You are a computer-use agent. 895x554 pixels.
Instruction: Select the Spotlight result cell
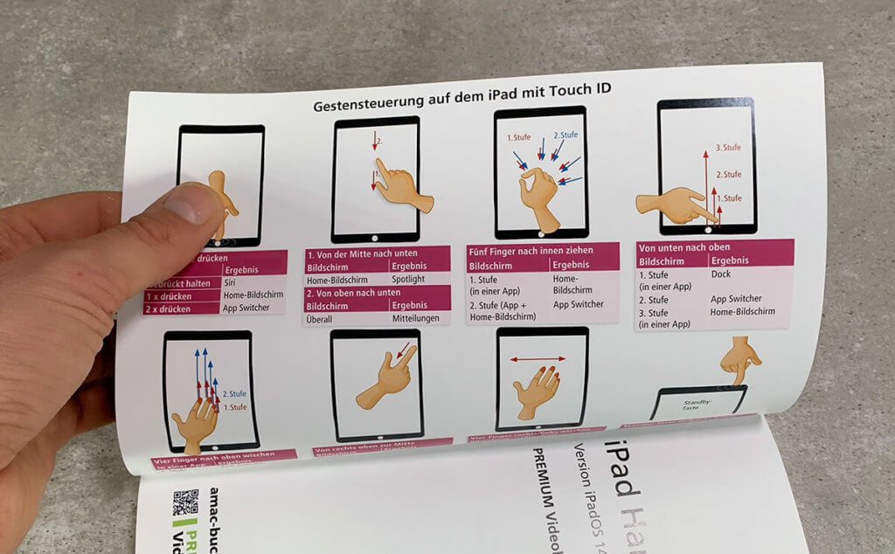click(408, 280)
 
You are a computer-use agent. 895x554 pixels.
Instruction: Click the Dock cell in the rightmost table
click(721, 274)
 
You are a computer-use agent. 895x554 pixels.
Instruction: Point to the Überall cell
click(325, 320)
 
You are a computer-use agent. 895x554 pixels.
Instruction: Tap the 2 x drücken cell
click(168, 308)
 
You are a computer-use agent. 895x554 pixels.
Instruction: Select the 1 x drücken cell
click(168, 295)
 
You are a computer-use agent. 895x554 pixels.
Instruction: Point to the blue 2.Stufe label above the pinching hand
click(565, 135)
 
